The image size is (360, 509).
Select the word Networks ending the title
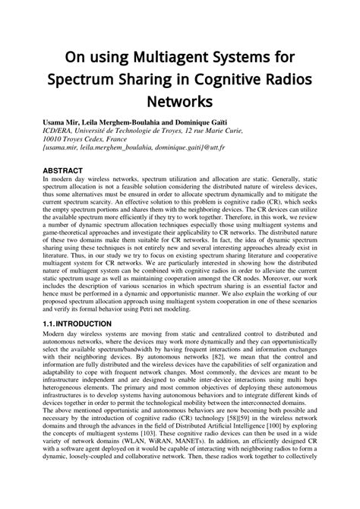point(180,101)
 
